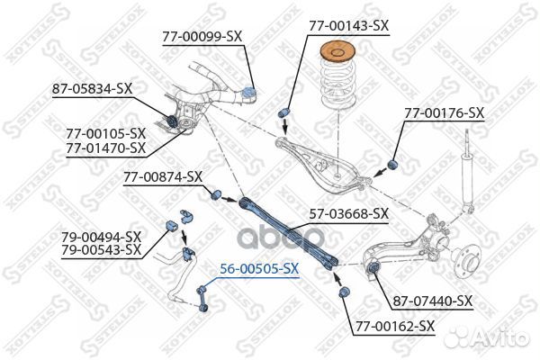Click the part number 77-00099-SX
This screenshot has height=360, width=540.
[x=202, y=37]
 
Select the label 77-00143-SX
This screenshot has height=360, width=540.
[x=348, y=26]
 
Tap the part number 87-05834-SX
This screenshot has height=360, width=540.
[x=93, y=89]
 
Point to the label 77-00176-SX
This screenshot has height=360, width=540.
[x=445, y=113]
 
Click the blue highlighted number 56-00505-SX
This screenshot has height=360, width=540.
[x=259, y=269]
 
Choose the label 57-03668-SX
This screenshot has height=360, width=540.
[x=349, y=214]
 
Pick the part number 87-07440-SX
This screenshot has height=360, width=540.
[x=433, y=301]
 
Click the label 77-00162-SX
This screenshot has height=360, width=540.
[x=395, y=326]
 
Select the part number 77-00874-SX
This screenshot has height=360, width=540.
[x=163, y=177]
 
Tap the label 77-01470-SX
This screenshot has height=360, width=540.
[x=106, y=148]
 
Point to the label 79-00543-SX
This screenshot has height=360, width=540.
[x=102, y=250]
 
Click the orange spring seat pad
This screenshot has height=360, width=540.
[x=337, y=52]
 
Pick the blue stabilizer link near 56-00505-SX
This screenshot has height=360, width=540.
[x=201, y=300]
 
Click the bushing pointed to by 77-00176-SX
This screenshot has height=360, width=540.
[x=392, y=165]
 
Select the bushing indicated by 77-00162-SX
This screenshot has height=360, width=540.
[x=344, y=292]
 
